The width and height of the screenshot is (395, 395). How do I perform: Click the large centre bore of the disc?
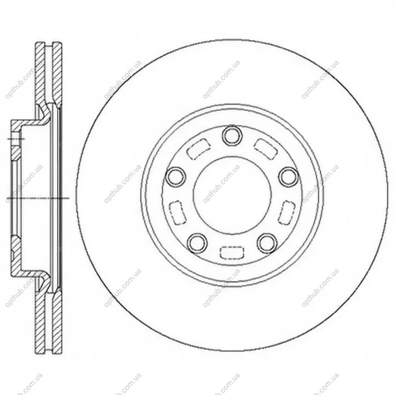coord(232,195)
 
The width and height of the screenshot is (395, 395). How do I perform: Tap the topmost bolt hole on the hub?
coord(232,136)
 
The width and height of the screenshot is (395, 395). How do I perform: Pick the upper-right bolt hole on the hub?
coord(289,176)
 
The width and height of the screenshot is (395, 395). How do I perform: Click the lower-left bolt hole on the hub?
coord(198,243)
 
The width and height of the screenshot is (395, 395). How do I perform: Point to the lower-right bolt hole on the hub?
coord(267,243)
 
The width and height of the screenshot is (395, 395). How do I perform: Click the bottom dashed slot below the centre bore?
coord(232,252)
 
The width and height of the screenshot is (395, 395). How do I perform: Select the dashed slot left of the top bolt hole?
coord(199,149)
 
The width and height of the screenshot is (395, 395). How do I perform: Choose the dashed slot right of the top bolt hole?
coord(266,149)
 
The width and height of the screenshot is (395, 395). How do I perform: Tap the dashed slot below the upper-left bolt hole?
coord(178,212)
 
